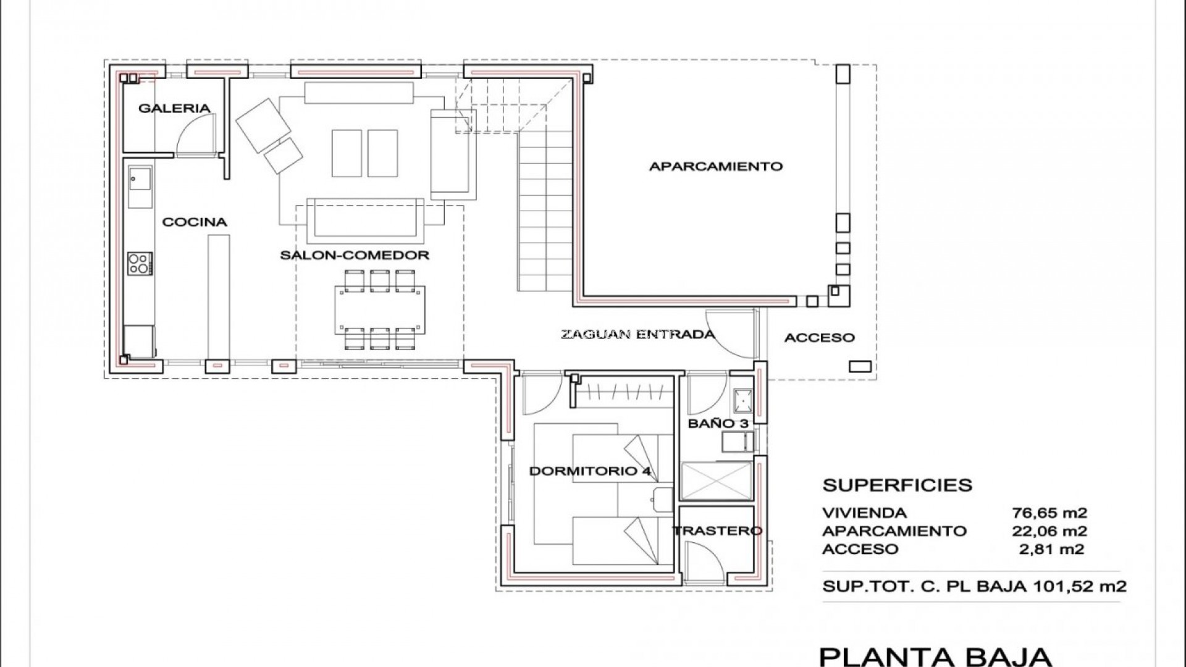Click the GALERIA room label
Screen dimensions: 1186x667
[x=174, y=108]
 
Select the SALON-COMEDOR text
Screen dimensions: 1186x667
[x=355, y=255]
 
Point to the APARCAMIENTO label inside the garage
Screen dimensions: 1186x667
[x=716, y=166]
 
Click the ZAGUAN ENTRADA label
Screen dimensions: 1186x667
[x=637, y=335]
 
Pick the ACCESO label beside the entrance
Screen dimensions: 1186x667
[x=820, y=337]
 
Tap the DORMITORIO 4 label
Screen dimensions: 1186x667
[x=590, y=471]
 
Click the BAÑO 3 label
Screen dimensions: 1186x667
[x=718, y=424]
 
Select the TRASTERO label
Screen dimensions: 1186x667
[x=717, y=531]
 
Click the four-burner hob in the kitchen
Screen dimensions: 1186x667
[x=140, y=264]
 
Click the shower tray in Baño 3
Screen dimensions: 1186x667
[x=716, y=480]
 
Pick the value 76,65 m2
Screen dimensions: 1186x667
[x=1049, y=513]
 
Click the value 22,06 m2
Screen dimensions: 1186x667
[x=1049, y=531]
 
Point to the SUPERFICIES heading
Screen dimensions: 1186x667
[x=898, y=485]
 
